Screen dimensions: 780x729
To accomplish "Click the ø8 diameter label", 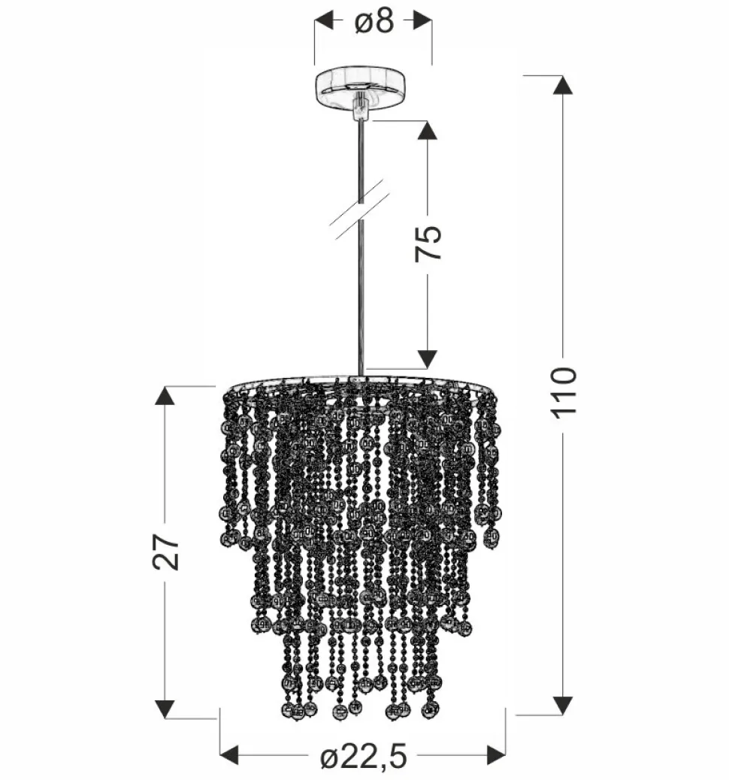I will [374, 21].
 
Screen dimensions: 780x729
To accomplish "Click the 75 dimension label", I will [429, 242].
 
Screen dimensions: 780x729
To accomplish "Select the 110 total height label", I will [564, 391].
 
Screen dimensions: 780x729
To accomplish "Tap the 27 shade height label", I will [166, 552].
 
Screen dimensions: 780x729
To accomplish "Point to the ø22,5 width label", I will [363, 757].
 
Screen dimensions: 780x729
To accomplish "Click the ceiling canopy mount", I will [362, 87].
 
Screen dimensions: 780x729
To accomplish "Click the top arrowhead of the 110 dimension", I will [563, 84].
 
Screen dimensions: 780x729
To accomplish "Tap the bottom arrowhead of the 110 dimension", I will [563, 706].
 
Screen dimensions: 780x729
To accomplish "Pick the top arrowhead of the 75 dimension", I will [428, 130].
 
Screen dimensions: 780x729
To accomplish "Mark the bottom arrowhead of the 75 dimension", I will [428, 359].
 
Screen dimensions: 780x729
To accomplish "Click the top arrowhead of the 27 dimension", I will [165, 395].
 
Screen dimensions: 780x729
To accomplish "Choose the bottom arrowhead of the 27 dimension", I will [165, 709].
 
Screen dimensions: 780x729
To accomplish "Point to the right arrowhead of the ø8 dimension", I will [422, 21].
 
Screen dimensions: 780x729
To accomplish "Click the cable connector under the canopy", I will [361, 108].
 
